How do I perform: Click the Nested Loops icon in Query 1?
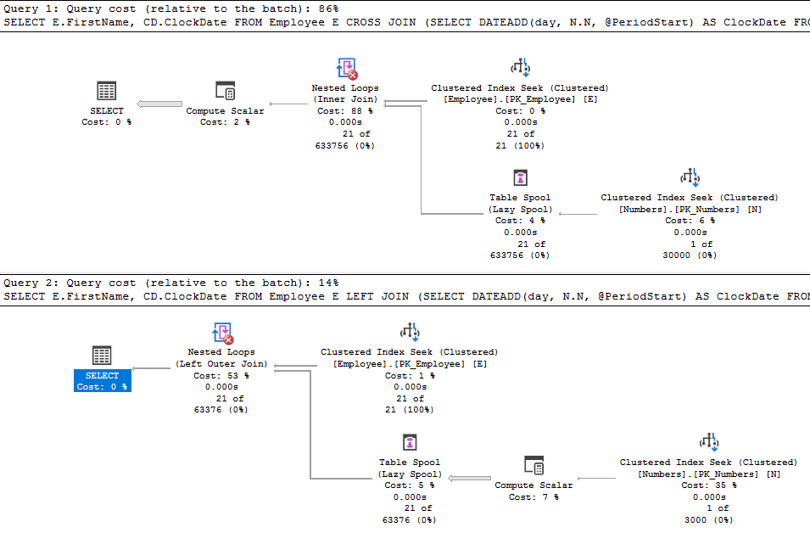click(x=347, y=68)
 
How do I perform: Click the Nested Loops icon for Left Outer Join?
click(x=223, y=333)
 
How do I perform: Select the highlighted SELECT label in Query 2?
click(x=103, y=380)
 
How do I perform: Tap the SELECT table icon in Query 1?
click(x=106, y=91)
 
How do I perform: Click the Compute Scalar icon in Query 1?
click(x=226, y=91)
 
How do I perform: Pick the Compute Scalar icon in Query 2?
click(x=533, y=465)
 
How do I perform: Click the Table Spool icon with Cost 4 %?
click(x=520, y=177)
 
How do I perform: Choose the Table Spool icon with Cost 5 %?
click(x=410, y=442)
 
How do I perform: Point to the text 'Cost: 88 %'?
click(x=345, y=110)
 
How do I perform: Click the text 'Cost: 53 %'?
click(x=221, y=375)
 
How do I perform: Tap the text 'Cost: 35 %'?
click(x=709, y=485)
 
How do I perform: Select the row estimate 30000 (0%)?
click(x=690, y=255)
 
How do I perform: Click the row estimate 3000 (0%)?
click(x=709, y=519)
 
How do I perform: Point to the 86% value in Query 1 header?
click(x=328, y=8)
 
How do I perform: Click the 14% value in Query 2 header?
click(x=328, y=283)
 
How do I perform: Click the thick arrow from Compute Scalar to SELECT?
click(x=159, y=104)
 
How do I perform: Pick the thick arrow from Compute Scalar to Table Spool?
click(x=470, y=479)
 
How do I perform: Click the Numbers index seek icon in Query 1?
click(x=690, y=177)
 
